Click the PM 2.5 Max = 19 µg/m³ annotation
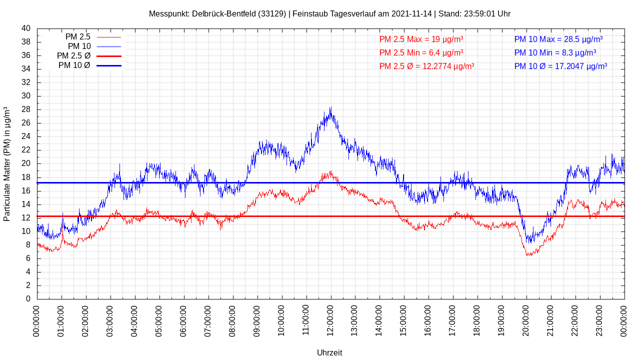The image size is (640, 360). coord(421,39)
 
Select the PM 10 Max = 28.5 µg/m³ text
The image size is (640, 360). coord(558,39)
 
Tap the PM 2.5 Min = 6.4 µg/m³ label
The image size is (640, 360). coord(421,52)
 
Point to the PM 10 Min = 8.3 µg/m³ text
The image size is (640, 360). coord(555,52)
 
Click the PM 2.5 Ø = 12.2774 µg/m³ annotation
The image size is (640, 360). coord(426,66)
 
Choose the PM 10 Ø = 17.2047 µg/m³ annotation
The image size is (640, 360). coord(560,66)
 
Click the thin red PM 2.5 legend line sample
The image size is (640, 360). coord(108,37)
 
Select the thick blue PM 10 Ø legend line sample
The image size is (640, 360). coord(108,65)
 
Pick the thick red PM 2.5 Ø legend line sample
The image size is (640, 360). coord(108,56)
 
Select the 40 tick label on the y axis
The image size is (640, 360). coord(26,28)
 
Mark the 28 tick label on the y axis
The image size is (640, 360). coord(26,109)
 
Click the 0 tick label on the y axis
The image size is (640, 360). coord(28,299)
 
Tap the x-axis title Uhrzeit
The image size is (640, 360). coord(329,352)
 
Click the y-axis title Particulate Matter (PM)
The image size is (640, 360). coord(7,164)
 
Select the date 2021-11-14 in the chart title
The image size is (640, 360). coord(411,13)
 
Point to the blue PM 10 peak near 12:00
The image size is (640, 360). coord(330,107)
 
